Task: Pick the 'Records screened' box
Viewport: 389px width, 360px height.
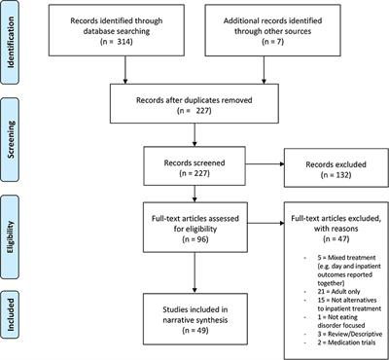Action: (195, 156)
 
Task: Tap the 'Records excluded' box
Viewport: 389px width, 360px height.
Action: (328, 156)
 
